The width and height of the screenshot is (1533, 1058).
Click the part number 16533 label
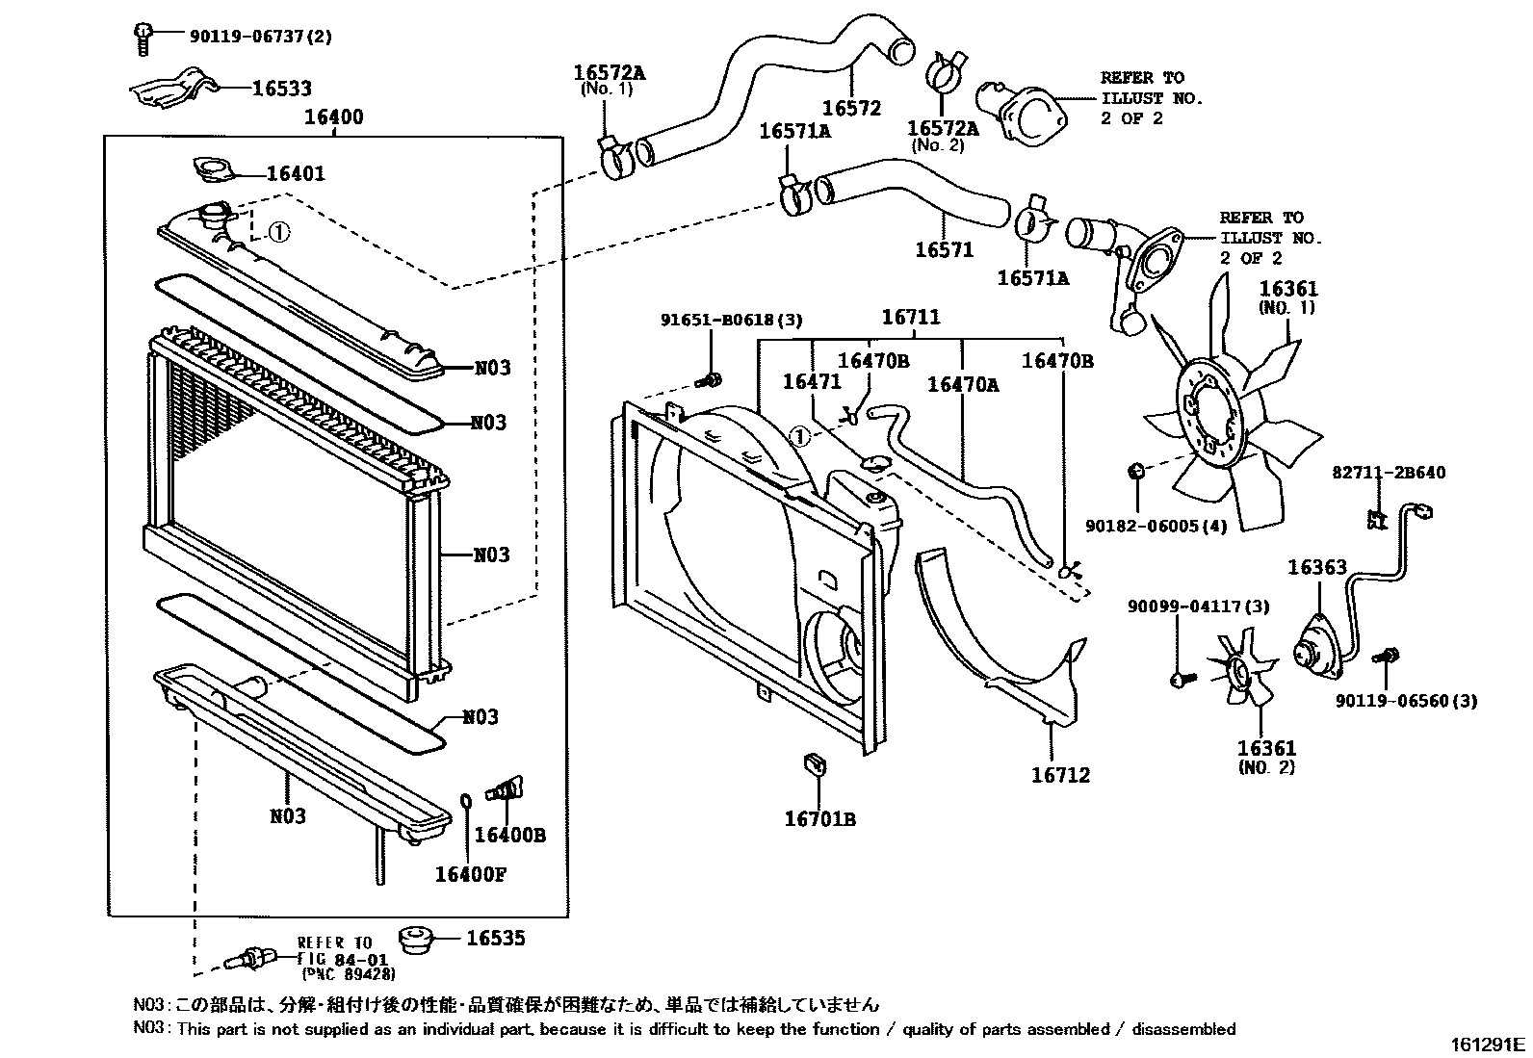[281, 89]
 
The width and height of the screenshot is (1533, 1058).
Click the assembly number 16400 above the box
[333, 117]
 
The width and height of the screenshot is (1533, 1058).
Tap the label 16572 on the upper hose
[851, 108]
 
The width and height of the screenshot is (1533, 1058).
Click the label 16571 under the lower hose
[944, 249]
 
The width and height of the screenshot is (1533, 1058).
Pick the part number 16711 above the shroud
[911, 317]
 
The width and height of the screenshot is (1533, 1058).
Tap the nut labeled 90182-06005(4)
[1136, 471]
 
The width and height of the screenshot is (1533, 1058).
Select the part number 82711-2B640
[1389, 473]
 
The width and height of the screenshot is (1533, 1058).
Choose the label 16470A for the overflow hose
[963, 384]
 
